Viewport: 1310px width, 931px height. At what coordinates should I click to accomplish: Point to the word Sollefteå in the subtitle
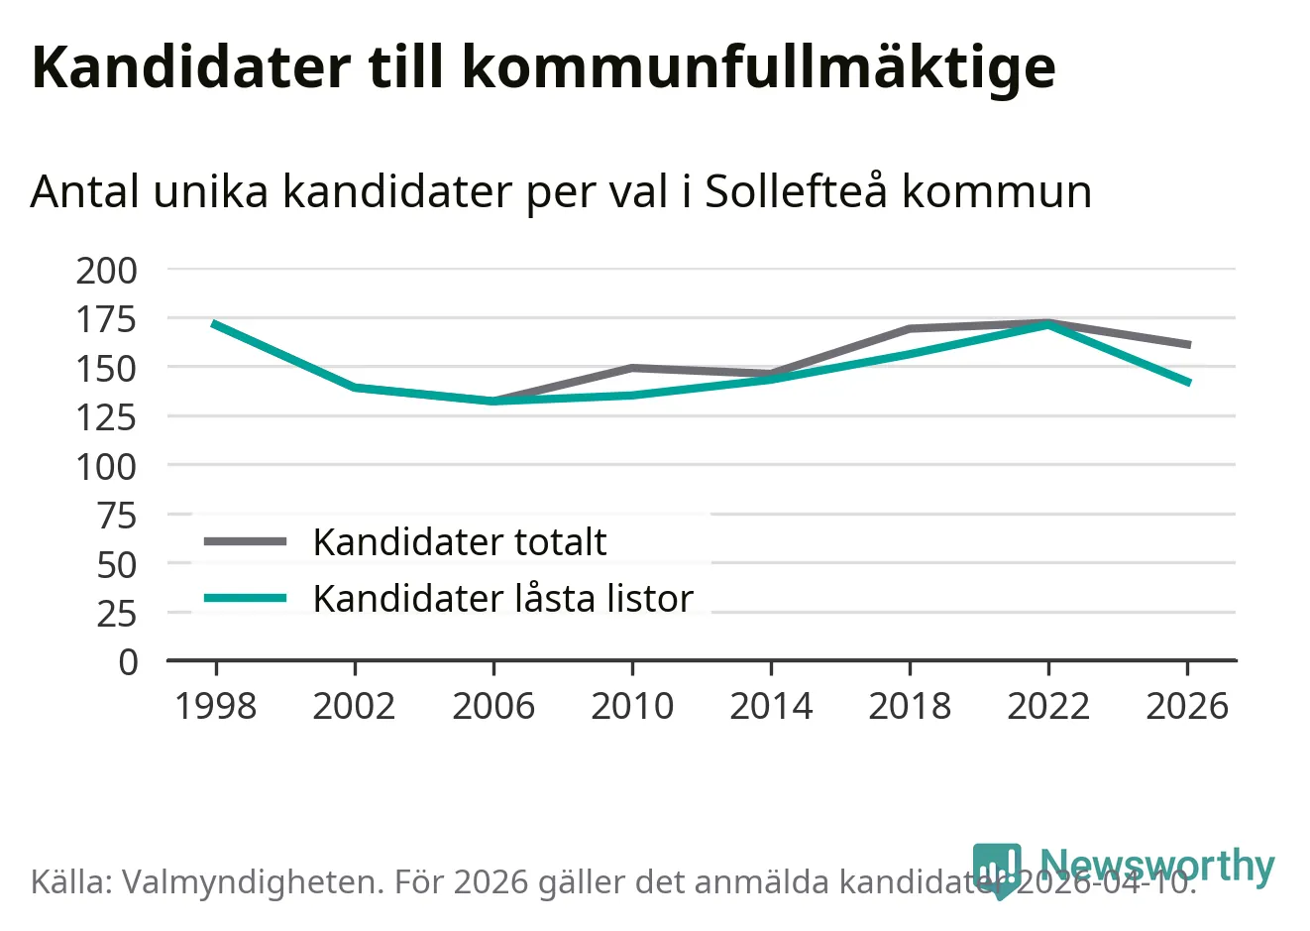pos(796,191)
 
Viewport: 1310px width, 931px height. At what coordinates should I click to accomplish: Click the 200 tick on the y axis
pos(107,270)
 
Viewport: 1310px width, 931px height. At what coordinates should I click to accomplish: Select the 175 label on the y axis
pos(107,319)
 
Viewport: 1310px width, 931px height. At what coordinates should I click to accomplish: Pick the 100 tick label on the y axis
pos(107,466)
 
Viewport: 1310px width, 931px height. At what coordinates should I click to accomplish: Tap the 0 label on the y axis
pos(129,662)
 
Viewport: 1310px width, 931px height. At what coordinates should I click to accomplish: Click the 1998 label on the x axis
pos(215,707)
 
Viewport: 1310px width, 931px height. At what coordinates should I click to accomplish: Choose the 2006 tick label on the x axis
pos(492,707)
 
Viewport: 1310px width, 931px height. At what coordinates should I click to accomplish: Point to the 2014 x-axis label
pos(771,707)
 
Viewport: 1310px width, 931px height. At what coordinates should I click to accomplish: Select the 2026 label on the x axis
pos(1186,707)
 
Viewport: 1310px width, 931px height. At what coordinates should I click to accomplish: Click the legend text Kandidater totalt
pos(459,542)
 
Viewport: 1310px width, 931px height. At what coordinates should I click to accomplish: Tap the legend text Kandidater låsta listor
pos(502,599)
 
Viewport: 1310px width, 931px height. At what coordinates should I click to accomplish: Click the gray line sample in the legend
pos(245,541)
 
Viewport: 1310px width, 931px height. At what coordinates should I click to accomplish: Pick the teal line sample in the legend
pos(245,598)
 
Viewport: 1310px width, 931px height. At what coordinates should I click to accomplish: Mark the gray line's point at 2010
pos(632,368)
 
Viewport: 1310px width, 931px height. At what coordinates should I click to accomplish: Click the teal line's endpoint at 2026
pos(1188,383)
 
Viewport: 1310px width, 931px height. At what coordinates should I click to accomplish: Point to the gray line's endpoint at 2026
pos(1188,345)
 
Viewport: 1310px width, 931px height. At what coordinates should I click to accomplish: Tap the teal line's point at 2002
pos(354,387)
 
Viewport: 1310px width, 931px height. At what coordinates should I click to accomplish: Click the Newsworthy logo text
pos(1156,865)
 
